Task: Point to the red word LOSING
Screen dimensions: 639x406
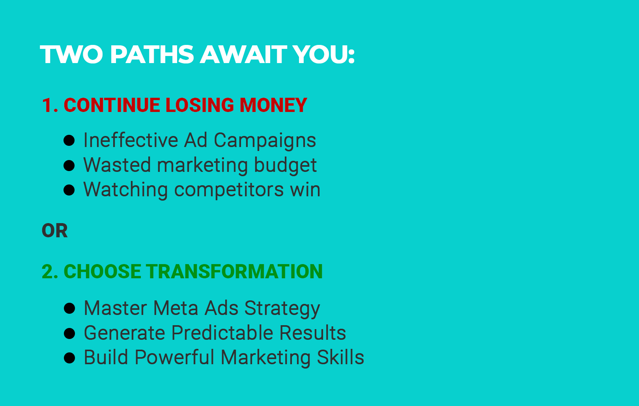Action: (x=200, y=105)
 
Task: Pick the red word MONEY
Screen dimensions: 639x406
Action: (x=273, y=105)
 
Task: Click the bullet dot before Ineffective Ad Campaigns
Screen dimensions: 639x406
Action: (x=69, y=141)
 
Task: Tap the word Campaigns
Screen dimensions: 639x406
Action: (x=265, y=141)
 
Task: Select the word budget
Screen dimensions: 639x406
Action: (x=285, y=166)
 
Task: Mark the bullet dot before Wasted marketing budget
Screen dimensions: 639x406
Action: (x=69, y=166)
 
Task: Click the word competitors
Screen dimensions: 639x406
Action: (x=229, y=190)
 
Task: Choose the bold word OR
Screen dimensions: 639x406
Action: (x=55, y=231)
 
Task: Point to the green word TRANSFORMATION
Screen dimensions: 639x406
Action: (x=234, y=272)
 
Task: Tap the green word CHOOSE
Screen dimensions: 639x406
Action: (x=102, y=272)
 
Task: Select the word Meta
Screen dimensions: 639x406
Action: (x=176, y=308)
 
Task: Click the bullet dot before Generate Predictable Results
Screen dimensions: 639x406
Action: (x=69, y=333)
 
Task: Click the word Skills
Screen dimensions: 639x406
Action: (x=341, y=358)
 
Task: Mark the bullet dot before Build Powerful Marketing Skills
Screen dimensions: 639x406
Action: (x=69, y=358)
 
